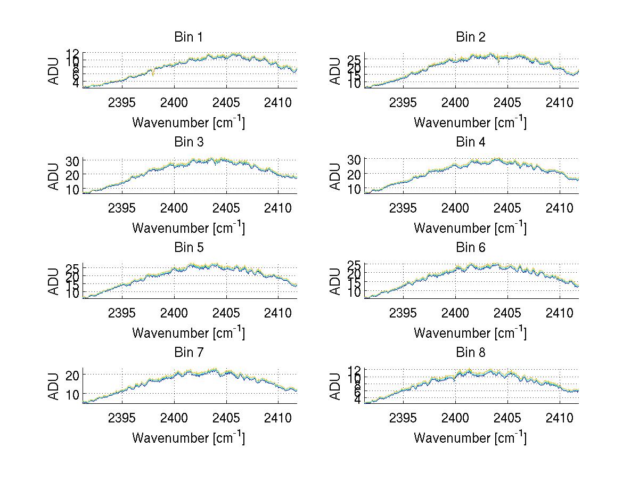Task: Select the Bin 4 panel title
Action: (470, 142)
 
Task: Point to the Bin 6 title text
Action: (470, 248)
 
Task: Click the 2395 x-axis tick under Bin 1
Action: (122, 102)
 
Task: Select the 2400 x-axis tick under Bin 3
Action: (174, 207)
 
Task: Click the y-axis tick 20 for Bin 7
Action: (72, 375)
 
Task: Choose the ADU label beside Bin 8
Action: (335, 386)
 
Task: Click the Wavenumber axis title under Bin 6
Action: (470, 333)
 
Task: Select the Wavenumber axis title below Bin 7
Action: (188, 438)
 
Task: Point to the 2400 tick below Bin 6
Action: (455, 313)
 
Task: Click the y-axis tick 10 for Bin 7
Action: (72, 394)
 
